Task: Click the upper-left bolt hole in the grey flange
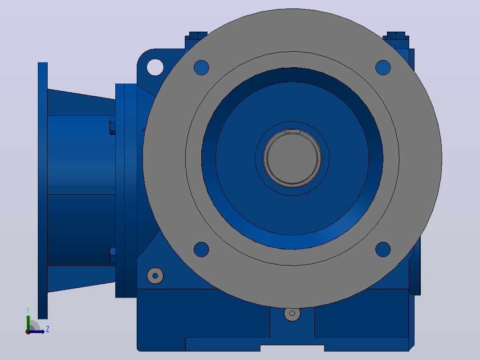point(201,67)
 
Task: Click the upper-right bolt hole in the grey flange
point(383,67)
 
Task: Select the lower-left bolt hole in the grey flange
point(201,250)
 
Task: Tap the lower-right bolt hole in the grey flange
point(383,250)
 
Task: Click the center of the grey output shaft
point(293,159)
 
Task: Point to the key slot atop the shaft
point(293,131)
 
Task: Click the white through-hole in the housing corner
point(155,67)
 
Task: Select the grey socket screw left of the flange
point(155,276)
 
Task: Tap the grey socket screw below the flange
point(293,314)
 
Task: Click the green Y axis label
point(28,310)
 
